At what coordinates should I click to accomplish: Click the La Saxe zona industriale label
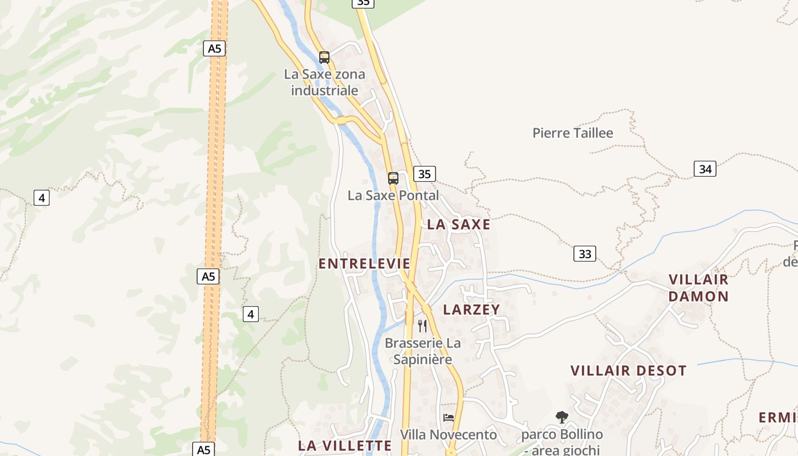324,82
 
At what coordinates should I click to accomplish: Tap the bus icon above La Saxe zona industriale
324,57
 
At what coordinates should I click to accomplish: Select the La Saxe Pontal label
393,196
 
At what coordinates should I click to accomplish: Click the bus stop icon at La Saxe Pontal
393,178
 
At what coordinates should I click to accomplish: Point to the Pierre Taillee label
572,133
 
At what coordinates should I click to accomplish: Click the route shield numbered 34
705,169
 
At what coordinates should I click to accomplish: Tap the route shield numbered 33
585,254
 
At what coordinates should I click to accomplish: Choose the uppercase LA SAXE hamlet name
458,225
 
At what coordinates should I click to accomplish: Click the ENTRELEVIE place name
364,263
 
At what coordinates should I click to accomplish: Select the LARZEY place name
471,310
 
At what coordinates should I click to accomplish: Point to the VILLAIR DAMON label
698,288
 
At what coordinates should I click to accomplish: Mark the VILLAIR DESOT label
628,370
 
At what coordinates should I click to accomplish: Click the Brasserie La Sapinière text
422,351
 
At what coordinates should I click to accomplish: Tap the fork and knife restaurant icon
422,326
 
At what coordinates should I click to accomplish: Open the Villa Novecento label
448,435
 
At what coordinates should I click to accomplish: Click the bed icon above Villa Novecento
449,417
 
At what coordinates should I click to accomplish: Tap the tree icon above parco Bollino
562,417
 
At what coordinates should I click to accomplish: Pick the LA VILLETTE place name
345,446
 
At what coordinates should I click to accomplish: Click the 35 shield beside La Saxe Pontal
424,174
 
